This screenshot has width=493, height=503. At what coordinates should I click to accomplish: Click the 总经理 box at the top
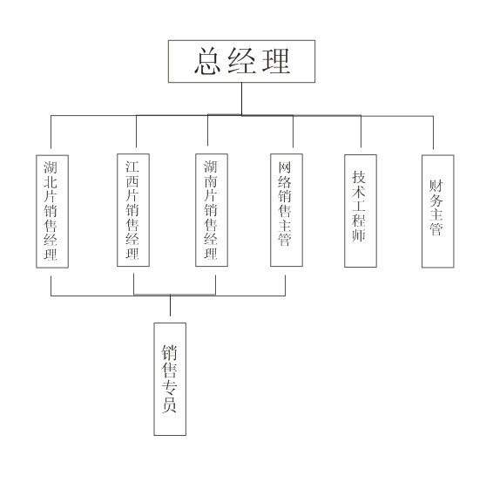pos(241,61)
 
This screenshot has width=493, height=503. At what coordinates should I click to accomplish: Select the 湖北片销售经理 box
pos(52,212)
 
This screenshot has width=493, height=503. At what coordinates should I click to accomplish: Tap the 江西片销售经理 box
pos(133,210)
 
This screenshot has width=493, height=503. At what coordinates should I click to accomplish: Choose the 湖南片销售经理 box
pos(212,210)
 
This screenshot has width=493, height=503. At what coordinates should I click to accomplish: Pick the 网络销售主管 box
pos(287,210)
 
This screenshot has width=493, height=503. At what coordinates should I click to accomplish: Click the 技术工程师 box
pos(361,211)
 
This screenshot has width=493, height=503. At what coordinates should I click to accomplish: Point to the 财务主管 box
pos(438,212)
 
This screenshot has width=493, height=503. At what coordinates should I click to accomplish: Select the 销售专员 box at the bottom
pos(170,379)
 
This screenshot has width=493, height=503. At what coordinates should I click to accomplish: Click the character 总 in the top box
pos(207,61)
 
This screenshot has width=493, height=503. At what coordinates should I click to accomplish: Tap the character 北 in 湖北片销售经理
pos(51,181)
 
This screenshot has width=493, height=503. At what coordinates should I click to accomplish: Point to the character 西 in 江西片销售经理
pos(132,181)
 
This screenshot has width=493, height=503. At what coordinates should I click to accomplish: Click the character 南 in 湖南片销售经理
pos(211,181)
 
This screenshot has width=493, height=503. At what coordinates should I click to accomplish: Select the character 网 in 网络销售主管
pos(285,167)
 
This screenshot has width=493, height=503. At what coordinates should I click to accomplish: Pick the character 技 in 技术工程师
pos(359,177)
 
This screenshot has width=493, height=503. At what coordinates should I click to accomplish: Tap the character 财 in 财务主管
pos(436,186)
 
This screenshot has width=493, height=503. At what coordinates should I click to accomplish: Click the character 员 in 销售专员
pos(169,404)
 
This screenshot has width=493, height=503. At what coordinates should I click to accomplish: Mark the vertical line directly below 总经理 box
pos(241,99)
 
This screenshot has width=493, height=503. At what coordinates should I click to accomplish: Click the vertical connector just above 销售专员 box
pos(170,305)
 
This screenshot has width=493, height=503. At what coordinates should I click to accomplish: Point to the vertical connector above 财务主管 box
pos(434,133)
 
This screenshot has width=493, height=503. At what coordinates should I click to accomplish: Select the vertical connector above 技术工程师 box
pos(361,132)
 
